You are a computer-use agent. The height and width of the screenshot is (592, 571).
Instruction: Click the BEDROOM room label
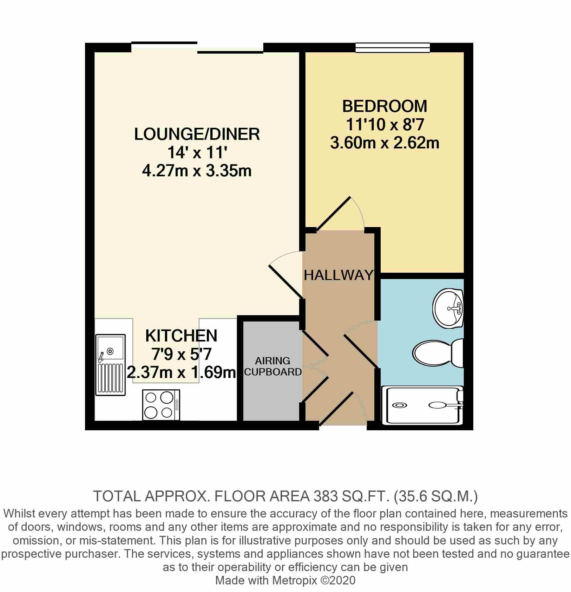pos(384,106)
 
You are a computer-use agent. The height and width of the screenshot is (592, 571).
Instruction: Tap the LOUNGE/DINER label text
pos(197,134)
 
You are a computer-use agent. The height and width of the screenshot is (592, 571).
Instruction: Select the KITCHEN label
pos(181,336)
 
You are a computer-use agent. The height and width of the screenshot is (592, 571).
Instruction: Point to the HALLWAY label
pos(338,275)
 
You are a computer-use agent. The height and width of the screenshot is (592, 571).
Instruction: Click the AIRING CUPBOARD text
pos(272,366)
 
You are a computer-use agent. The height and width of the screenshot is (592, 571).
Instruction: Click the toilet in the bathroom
pos(438,353)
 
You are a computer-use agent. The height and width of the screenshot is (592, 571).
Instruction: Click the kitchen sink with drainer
pos(110,365)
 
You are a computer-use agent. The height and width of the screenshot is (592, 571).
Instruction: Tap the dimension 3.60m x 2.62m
pos(384,143)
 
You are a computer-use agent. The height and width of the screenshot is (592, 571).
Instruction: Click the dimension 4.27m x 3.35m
pos(197,171)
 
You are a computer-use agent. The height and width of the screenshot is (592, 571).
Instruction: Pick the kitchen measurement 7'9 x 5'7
pos(181,354)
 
